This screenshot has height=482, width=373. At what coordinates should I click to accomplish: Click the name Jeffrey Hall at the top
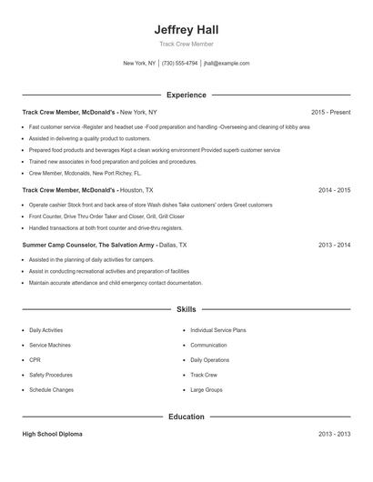[x=186, y=29]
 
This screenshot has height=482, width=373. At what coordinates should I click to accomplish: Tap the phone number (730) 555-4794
[x=180, y=64]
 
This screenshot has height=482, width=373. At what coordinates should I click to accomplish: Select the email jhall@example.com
[x=227, y=64]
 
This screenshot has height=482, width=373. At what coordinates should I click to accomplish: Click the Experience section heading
[x=186, y=95]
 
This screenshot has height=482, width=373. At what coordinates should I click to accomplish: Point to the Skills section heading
[x=186, y=310]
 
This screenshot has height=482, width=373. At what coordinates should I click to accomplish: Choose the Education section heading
[x=186, y=417]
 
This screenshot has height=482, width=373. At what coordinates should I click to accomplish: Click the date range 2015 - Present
[x=330, y=112]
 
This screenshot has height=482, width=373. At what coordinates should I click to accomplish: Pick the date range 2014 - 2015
[x=334, y=190]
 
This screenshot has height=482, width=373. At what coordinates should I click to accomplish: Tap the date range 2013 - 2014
[x=334, y=245]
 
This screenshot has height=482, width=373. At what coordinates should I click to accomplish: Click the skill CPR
[x=35, y=360]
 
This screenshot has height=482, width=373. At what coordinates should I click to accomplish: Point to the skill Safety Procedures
[x=51, y=375]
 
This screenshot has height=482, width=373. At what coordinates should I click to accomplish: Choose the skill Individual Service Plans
[x=218, y=330]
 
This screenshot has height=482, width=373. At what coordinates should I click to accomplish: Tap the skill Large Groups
[x=207, y=389]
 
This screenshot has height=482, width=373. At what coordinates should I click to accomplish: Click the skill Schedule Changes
[x=51, y=389]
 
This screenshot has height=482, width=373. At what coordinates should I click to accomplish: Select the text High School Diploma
[x=52, y=435]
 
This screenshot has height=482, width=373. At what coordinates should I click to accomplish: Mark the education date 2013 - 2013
[x=334, y=435]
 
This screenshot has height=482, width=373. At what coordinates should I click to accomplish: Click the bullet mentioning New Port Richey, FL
[x=86, y=172]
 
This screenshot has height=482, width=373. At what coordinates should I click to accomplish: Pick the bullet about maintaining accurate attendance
[x=116, y=283]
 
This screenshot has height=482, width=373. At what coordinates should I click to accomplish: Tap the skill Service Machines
[x=50, y=346]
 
